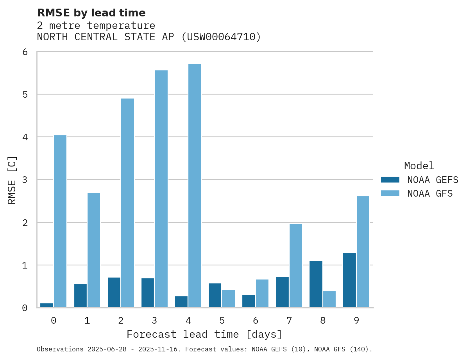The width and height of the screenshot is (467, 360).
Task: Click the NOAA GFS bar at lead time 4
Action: (195, 186)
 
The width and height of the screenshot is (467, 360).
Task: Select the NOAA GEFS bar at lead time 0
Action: (47, 305)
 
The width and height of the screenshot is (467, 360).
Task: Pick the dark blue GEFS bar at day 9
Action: (349, 280)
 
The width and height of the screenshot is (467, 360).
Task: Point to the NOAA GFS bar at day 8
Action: (329, 299)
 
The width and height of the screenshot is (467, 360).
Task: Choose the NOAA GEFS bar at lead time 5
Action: (215, 296)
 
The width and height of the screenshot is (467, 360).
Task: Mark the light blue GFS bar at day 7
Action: (296, 266)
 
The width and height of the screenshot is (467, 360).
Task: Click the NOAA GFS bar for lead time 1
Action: (94, 250)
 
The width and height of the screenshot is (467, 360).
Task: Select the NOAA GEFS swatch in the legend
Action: (390, 180)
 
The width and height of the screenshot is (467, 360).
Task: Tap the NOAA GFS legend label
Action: (430, 193)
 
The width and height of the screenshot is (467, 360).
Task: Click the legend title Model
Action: (419, 166)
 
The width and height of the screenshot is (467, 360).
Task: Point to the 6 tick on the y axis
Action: (25, 52)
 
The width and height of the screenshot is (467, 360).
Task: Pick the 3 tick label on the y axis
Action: (25, 180)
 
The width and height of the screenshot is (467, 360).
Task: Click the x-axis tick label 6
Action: (256, 321)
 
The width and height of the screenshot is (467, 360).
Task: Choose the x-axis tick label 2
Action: (121, 321)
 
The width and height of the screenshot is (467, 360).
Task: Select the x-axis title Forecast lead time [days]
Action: (204, 335)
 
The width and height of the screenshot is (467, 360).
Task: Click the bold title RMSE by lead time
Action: (91, 13)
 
